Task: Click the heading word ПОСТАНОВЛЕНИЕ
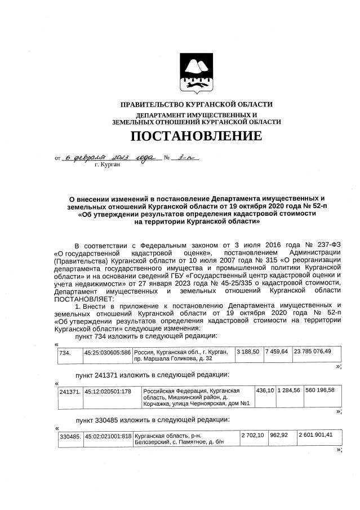coord(196,136)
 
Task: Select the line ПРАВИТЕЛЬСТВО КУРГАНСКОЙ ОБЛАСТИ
coord(197,104)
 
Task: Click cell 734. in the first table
coord(65,352)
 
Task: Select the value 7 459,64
coord(277,352)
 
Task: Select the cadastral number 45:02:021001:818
coord(108,435)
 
